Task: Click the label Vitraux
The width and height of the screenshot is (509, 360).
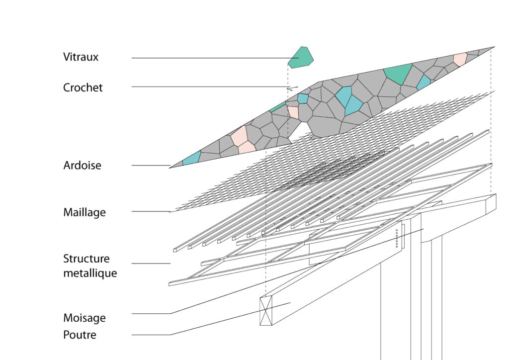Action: (x=81, y=57)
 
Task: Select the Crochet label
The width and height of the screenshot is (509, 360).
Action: (x=83, y=88)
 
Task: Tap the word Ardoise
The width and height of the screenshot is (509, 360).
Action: (x=82, y=166)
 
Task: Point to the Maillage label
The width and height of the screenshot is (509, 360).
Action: (x=85, y=213)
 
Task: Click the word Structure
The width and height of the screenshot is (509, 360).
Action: (x=86, y=259)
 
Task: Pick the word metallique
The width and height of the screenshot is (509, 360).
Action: (x=90, y=273)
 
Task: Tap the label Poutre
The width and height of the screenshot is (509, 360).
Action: (x=80, y=335)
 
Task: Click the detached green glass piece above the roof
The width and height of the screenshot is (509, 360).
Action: (x=301, y=57)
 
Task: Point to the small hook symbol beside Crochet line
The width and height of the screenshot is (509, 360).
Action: (x=291, y=89)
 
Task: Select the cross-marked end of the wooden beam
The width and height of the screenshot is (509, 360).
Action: (x=266, y=311)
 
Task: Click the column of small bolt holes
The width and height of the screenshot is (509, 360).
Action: (x=396, y=238)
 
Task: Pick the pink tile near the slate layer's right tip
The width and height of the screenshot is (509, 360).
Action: (x=460, y=59)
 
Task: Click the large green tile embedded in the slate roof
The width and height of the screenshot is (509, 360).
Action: (x=399, y=74)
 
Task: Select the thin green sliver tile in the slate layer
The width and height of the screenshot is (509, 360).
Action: (x=277, y=107)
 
